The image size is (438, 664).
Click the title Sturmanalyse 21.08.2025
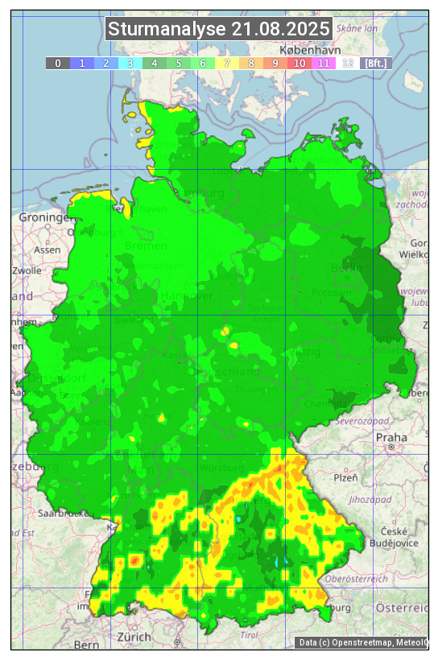[219, 29]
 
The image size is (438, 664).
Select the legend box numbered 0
[58, 63]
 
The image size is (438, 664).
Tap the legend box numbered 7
[227, 63]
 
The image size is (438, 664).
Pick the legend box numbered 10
[300, 63]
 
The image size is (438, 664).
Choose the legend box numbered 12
[348, 63]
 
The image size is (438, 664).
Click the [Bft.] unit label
[375, 63]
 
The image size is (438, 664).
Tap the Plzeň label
[345, 477]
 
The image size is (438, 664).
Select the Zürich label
[134, 637]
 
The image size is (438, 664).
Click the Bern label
[86, 645]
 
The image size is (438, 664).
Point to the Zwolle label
[27, 270]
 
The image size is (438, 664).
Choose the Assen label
[47, 250]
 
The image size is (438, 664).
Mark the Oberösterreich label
[357, 578]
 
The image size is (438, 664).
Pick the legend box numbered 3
[130, 63]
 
